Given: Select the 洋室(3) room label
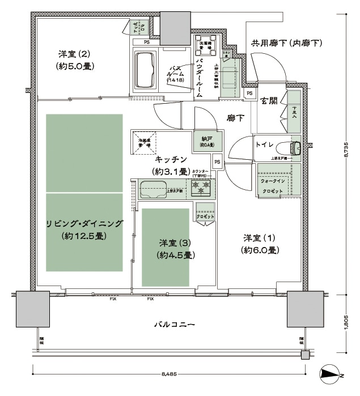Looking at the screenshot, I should coord(175,242).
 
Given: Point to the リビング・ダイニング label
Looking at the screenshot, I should coord(84,222).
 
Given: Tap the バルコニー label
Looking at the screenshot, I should coord(174,325).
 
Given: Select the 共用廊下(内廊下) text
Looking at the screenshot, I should coord(286,43).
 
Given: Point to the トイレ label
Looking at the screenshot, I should coord(264,145).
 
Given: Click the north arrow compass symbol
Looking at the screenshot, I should coord(331,374).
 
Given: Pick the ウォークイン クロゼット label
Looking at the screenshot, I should coord(273,186).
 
